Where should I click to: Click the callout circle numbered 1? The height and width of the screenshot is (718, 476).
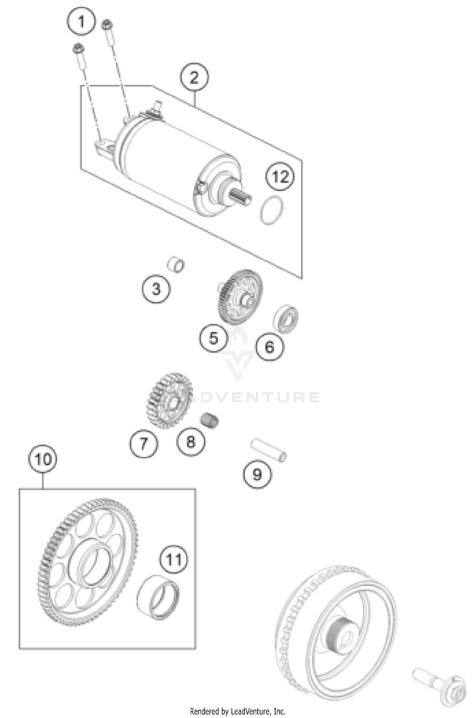point(81,22)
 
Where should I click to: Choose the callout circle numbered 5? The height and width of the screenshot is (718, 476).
point(214,338)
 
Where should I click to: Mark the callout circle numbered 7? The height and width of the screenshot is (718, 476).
point(144,443)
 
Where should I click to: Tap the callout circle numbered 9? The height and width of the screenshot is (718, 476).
point(257,474)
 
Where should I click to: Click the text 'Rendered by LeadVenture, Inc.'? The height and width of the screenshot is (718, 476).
point(238,711)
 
